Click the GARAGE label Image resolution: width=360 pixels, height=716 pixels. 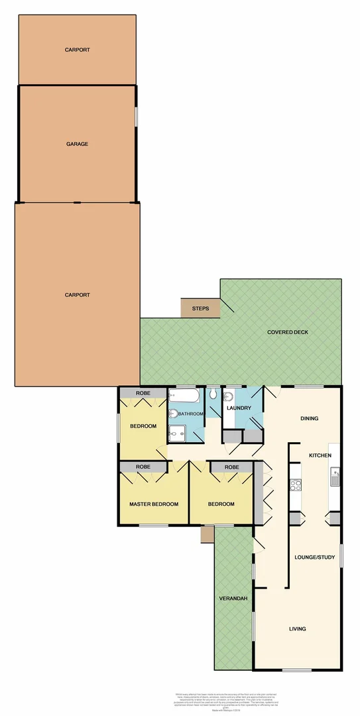pos(77,144)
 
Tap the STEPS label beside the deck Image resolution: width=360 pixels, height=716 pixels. pos(200,309)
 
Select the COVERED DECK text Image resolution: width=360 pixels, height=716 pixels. pos(287,332)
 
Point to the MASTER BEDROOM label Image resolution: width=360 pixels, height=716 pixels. pos(154,504)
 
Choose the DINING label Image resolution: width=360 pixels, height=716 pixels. pos(309,418)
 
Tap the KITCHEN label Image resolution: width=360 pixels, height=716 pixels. pos(320,455)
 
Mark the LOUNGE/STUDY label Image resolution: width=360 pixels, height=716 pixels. pos(315,558)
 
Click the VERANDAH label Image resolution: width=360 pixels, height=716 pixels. pos(233,599)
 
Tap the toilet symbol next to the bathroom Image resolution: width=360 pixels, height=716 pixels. pos(213,395)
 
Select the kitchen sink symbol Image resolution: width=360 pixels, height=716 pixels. pos(335,477)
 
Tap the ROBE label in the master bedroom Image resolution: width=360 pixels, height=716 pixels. pos(143,467)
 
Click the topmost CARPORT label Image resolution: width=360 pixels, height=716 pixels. pos(77,50)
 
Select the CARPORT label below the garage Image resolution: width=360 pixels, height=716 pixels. pos(77,295)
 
